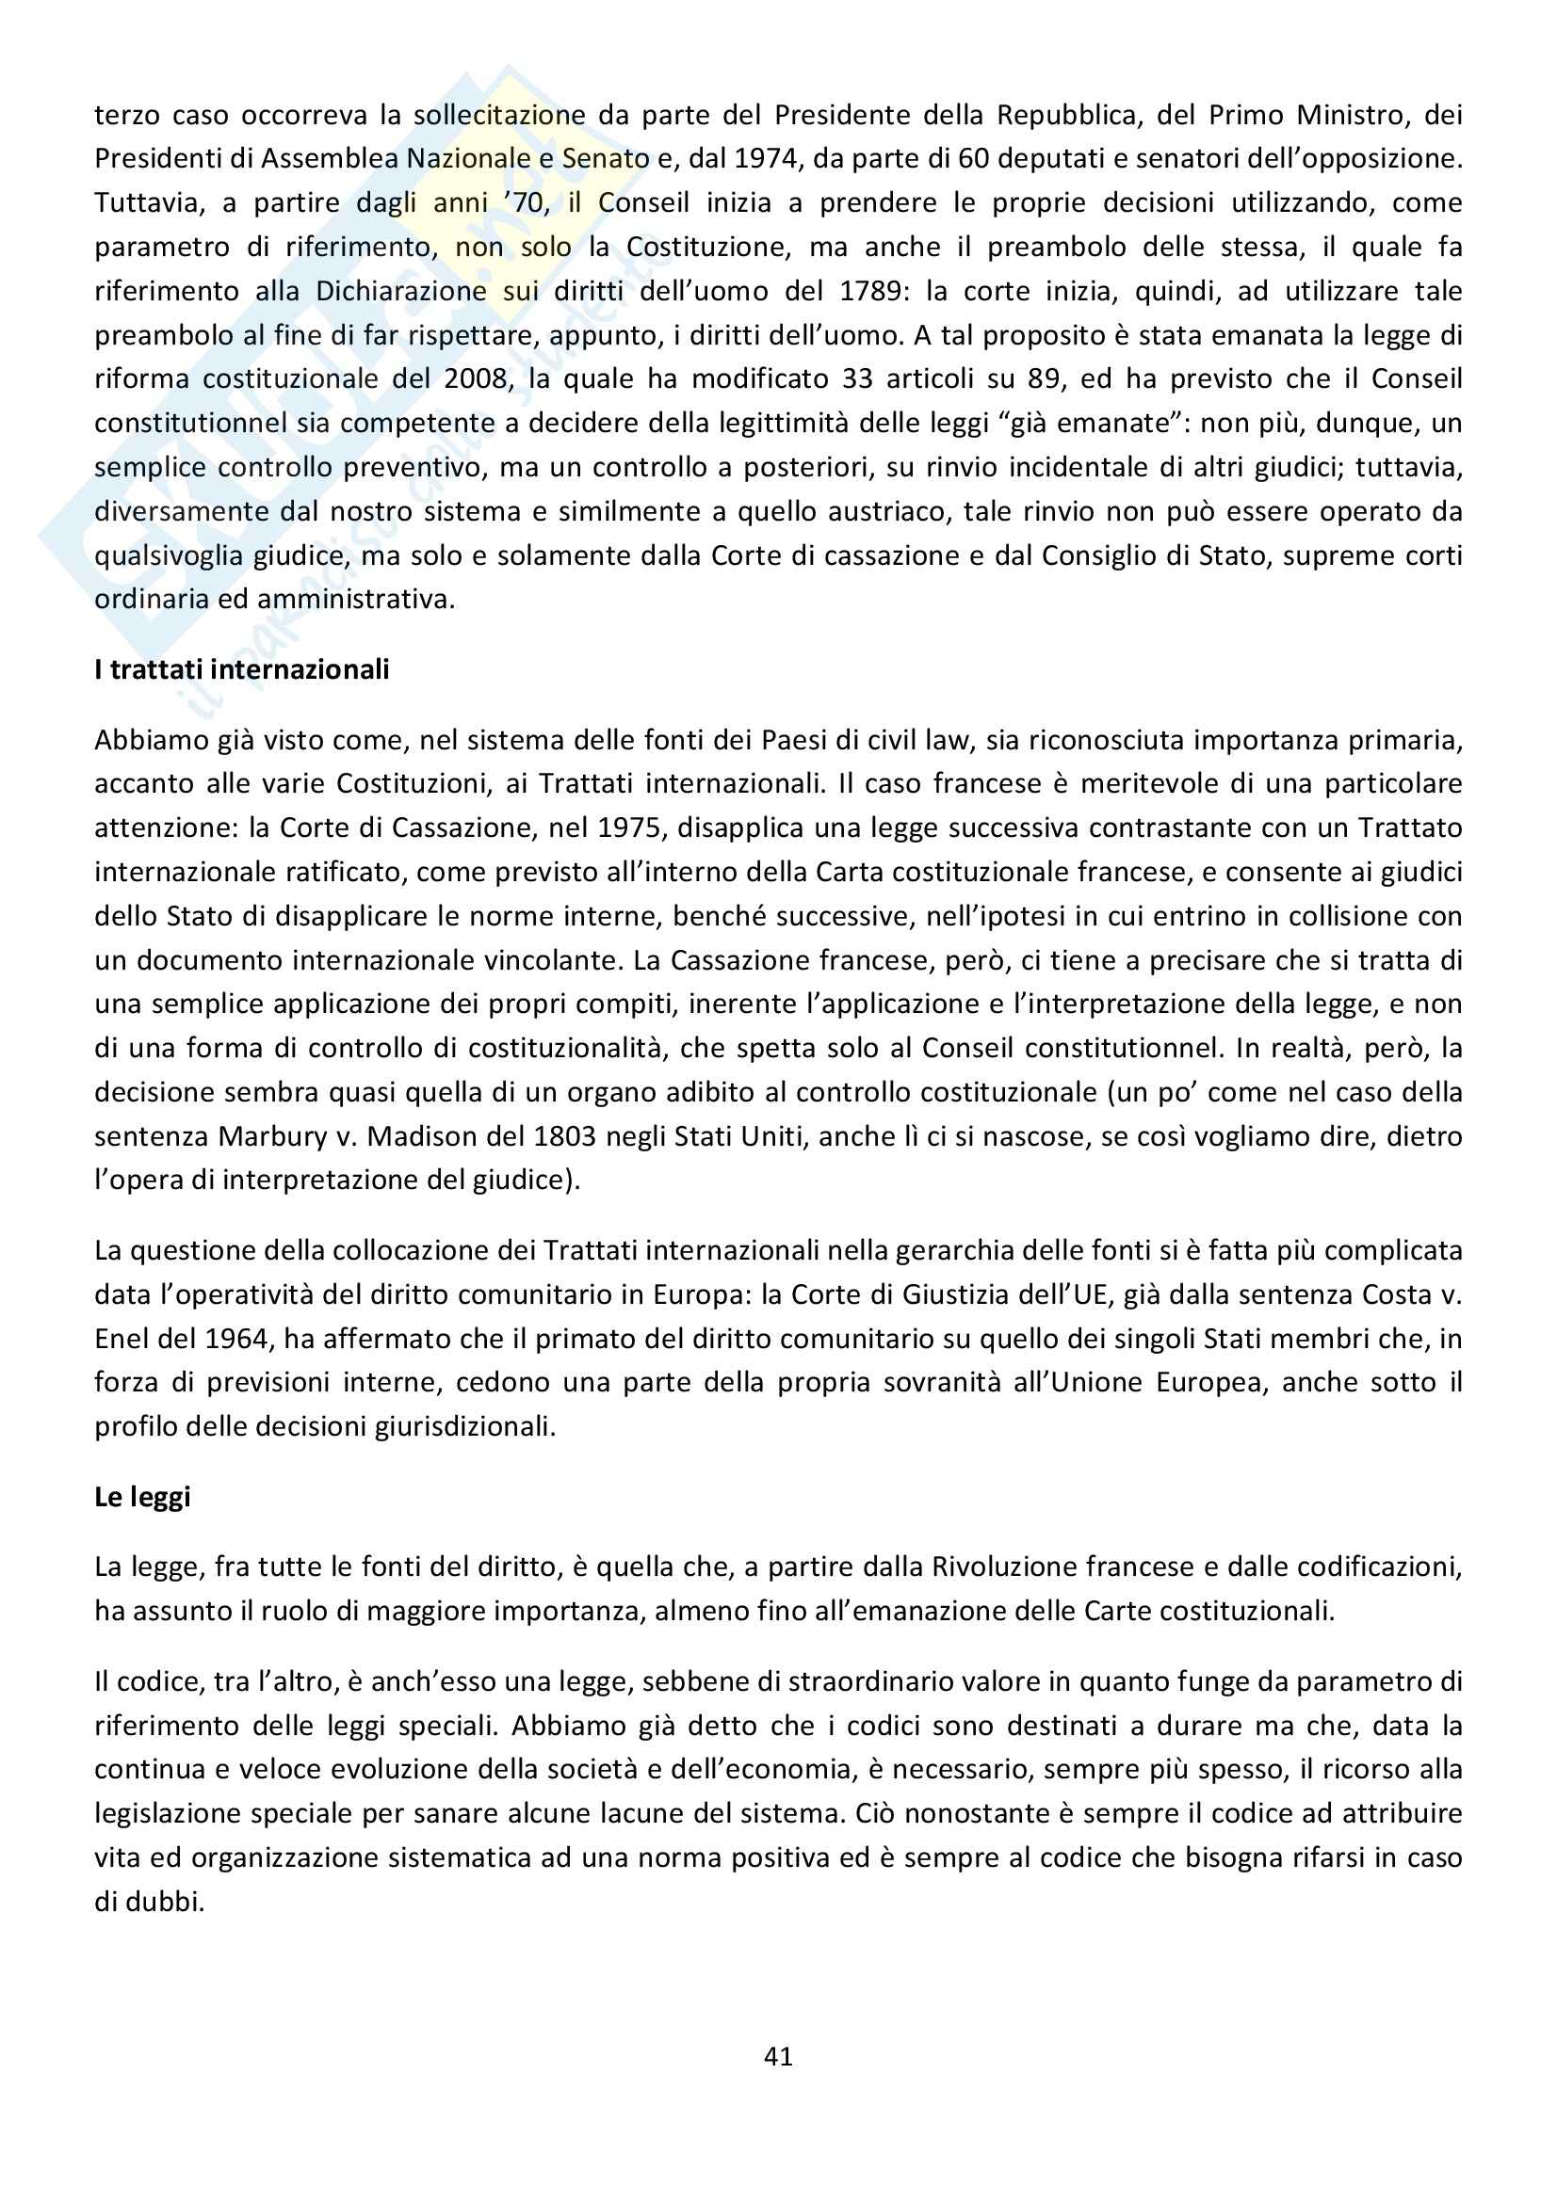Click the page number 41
(778, 2056)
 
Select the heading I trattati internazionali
(242, 668)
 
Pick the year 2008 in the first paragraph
(475, 378)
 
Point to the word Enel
(121, 1338)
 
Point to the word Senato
(606, 158)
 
